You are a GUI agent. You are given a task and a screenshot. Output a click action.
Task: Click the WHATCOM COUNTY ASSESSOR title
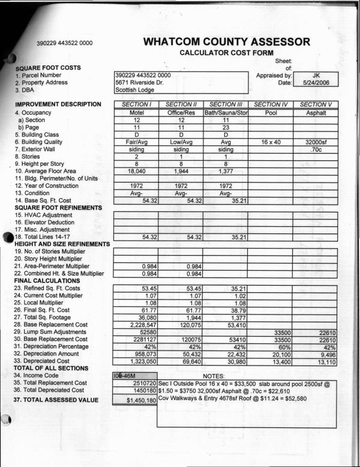[227, 42]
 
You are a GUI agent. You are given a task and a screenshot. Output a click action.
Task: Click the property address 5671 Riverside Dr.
[139, 83]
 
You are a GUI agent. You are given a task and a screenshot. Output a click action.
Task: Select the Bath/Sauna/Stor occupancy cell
[226, 112]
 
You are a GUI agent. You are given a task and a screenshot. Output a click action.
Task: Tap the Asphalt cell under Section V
[316, 112]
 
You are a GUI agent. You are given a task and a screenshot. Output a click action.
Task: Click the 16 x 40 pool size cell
[271, 142]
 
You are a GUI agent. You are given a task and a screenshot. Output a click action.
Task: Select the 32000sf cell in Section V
[316, 142]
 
